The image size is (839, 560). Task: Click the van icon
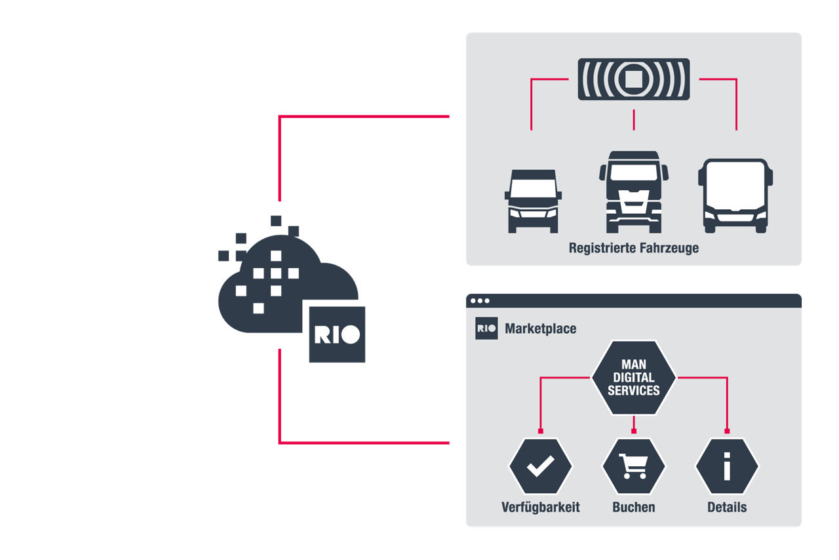click(x=533, y=201)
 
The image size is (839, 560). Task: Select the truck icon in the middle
click(x=633, y=192)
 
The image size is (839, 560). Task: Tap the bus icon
click(x=735, y=195)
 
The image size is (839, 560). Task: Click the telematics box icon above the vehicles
click(x=633, y=79)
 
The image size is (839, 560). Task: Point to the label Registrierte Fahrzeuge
click(x=633, y=249)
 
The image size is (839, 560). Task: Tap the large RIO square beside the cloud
click(x=337, y=334)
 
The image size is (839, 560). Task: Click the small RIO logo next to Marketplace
click(x=486, y=329)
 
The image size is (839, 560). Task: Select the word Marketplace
click(x=541, y=329)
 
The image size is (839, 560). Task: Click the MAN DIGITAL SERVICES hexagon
click(x=633, y=377)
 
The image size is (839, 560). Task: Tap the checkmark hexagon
click(x=541, y=467)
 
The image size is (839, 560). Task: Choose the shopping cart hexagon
click(x=633, y=467)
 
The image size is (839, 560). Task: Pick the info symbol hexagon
click(x=727, y=467)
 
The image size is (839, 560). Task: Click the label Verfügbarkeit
click(x=541, y=508)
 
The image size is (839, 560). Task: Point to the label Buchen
click(x=633, y=508)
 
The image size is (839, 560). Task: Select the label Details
click(x=727, y=508)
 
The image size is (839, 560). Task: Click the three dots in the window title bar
click(x=479, y=301)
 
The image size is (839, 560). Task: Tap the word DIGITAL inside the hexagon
click(x=633, y=377)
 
